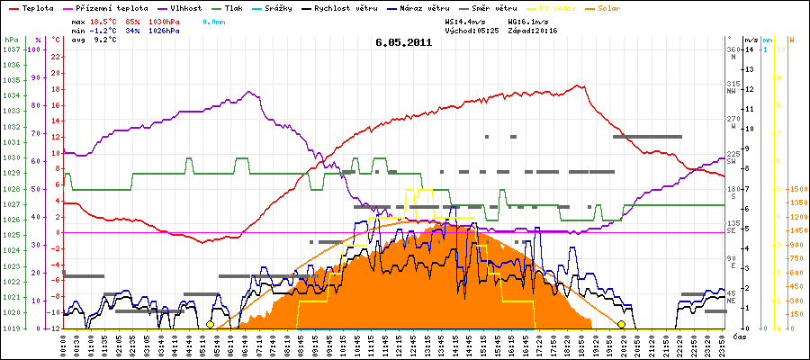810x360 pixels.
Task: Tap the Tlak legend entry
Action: point(234,8)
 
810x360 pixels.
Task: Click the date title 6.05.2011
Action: point(404,41)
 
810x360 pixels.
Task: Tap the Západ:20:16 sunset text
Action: point(533,30)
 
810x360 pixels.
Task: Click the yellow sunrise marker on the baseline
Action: point(210,324)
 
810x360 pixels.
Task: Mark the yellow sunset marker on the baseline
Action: point(621,324)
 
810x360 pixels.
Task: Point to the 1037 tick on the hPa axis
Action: point(11,49)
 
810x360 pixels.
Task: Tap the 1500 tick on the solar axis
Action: point(797,190)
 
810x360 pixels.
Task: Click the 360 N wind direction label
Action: point(733,53)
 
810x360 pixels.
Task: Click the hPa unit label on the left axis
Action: point(10,40)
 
